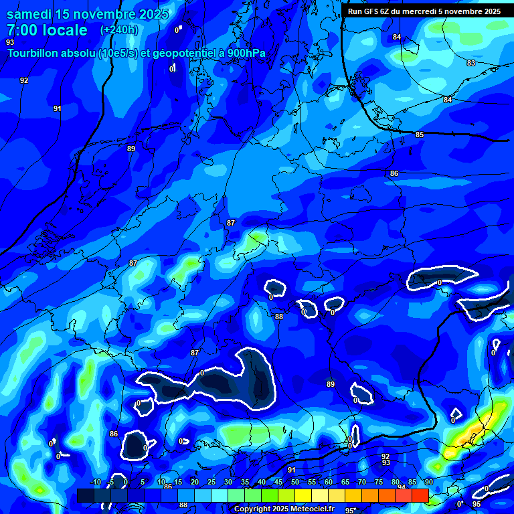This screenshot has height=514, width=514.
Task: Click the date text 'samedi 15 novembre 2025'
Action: coord(87,14)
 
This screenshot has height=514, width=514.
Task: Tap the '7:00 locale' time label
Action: coord(47,30)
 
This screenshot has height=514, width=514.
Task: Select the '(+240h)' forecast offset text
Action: coord(119,30)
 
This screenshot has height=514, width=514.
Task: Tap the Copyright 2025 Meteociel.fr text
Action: coord(284,509)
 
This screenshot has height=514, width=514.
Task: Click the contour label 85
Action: coord(420,135)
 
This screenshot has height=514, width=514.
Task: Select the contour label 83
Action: coord(471,63)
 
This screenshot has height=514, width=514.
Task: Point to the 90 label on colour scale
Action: coord(428,482)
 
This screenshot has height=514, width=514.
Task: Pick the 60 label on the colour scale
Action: coord(328,482)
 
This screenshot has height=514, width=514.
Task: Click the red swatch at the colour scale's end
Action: coord(420,495)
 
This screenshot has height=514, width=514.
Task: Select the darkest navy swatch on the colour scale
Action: coord(85,495)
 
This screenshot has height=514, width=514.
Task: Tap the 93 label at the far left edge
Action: coord(9,41)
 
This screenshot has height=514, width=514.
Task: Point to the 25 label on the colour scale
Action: coord(211,482)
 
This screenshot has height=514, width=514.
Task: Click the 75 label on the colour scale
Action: coord(378,482)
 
